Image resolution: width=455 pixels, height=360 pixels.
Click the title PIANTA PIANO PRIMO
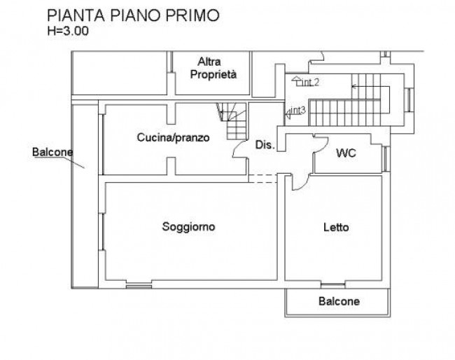tap(133, 15)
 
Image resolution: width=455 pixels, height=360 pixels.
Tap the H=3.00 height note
tap(68, 31)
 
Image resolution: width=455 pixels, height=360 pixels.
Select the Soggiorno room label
tap(188, 227)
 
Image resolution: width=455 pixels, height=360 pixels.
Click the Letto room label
tap(336, 227)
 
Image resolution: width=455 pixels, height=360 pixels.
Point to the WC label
tap(346, 153)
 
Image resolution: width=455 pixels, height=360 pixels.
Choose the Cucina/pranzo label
tap(173, 137)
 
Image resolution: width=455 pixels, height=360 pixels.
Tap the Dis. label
tap(265, 144)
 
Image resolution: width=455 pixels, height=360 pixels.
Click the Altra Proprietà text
tap(213, 68)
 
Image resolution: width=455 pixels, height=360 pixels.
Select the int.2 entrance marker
tap(306, 81)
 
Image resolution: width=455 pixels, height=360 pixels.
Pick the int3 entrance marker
tap(295, 112)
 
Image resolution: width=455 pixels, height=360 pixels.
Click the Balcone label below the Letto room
tap(339, 301)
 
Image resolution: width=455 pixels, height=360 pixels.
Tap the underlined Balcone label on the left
tap(52, 152)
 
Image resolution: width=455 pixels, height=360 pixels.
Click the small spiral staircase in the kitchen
tap(232, 121)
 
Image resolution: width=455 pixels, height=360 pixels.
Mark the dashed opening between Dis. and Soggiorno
tap(263, 179)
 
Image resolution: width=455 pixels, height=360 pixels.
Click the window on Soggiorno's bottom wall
tap(139, 286)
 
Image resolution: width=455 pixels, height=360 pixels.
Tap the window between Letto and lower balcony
tap(332, 285)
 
